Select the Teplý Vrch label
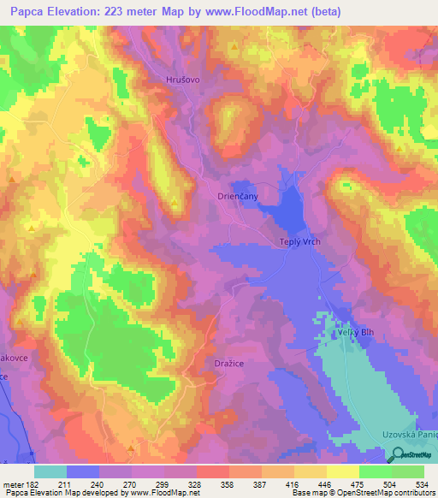[299, 242]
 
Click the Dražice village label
[228, 363]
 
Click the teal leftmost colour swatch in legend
[50, 471]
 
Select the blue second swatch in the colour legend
[83, 471]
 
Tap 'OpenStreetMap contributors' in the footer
[393, 494]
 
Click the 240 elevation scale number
[101, 484]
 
